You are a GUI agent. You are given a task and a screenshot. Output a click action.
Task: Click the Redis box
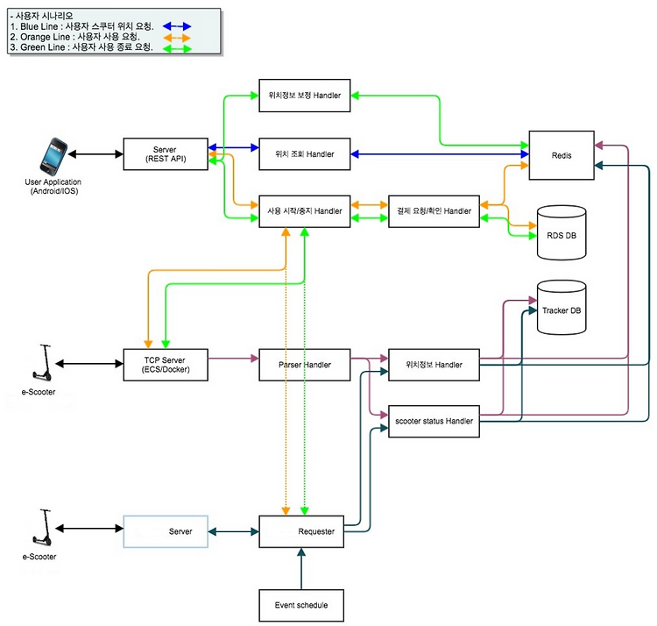pos(562,155)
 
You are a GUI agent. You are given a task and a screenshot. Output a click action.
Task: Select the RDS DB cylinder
pos(562,232)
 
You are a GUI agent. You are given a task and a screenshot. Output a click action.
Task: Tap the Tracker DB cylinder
pos(562,308)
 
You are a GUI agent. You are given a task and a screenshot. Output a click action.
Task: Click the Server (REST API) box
pos(166,154)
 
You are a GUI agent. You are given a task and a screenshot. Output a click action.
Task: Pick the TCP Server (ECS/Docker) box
pos(166,365)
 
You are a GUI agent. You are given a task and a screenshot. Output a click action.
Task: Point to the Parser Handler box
pos(305,365)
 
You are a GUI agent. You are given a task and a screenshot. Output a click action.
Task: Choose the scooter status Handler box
pos(434,422)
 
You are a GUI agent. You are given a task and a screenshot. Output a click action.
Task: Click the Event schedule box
pos(301,605)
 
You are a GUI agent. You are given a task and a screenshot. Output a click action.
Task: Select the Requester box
pos(301,531)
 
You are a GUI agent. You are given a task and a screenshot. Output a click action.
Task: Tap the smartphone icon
pos(53,156)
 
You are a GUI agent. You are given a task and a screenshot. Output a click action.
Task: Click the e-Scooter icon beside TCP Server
pos(42,363)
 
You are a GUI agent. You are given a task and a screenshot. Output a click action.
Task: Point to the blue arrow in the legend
pos(177,26)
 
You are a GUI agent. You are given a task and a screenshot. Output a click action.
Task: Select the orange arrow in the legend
pos(177,38)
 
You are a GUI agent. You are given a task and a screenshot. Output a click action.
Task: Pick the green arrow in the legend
pos(177,48)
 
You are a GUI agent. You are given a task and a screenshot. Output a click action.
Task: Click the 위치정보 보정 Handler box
pos(305,96)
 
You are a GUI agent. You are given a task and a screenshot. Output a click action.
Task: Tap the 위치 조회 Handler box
pos(305,154)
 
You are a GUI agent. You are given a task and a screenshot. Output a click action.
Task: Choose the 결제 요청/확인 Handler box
pos(434,211)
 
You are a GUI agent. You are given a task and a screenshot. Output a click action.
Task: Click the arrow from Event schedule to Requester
pos(301,568)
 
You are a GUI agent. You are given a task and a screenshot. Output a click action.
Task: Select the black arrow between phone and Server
pos(96,154)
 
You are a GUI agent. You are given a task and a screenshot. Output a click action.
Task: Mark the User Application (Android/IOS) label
pos(53,187)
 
